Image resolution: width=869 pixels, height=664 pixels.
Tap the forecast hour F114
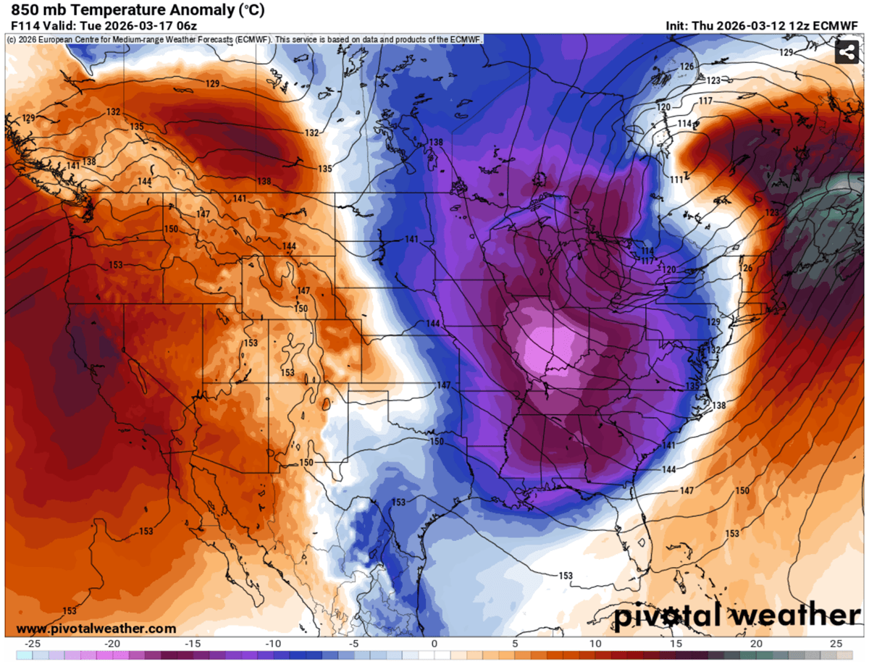pos(23,25)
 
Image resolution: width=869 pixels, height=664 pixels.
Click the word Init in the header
pos(678,25)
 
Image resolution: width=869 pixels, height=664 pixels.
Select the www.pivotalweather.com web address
pos(96,629)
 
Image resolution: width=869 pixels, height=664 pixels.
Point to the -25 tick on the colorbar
pos(32,644)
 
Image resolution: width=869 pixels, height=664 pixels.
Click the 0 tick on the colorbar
pos(434,644)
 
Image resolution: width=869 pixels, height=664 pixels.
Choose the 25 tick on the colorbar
pos(836,644)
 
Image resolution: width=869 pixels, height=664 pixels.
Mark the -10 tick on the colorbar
pos(274,644)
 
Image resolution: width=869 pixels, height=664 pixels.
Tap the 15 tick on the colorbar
pos(676,644)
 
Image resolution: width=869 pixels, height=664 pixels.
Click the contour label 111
pos(676,179)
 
